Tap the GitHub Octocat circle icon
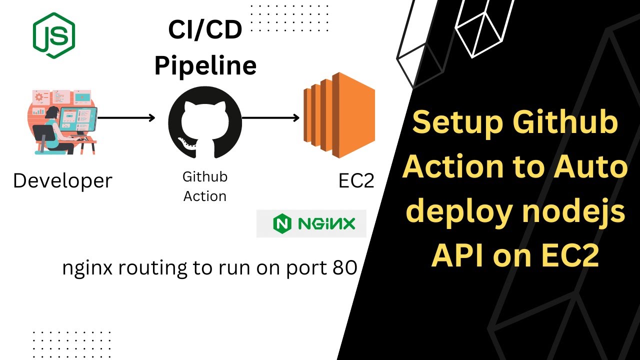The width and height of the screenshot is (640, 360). pyautogui.click(x=205, y=119)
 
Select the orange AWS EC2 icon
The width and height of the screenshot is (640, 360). pyautogui.click(x=339, y=115)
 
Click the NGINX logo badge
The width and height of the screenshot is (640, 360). pyautogui.click(x=311, y=223)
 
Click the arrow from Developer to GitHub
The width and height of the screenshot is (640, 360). pyautogui.click(x=126, y=118)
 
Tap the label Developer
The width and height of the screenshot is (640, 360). pyautogui.click(x=62, y=180)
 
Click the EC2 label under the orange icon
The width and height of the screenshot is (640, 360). pyautogui.click(x=356, y=181)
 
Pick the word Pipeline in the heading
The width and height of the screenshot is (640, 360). pyautogui.click(x=205, y=65)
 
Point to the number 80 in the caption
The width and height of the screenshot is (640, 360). pyautogui.click(x=344, y=268)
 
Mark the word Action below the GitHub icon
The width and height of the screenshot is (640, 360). pyautogui.click(x=205, y=196)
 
